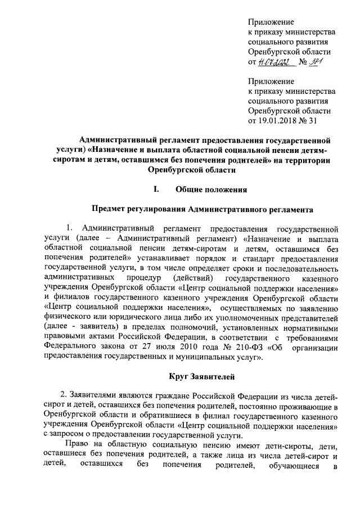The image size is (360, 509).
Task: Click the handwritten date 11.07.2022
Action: (x=273, y=62)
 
